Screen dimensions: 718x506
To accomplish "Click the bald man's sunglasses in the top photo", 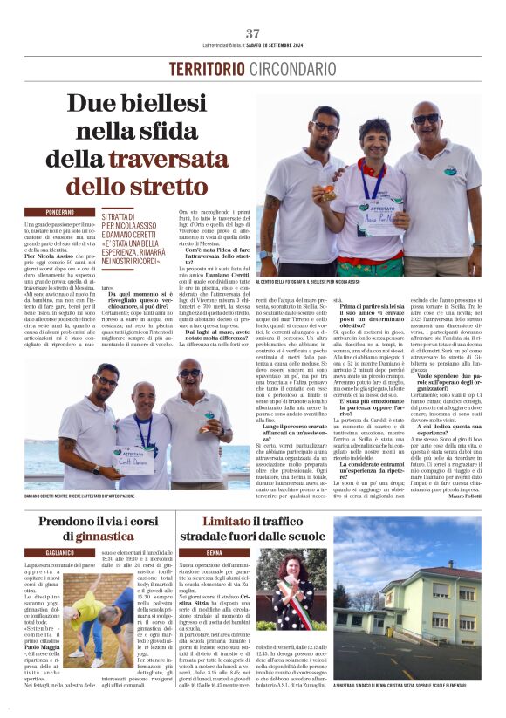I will (427, 119).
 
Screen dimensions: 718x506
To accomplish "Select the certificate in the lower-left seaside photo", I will (130, 455).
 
